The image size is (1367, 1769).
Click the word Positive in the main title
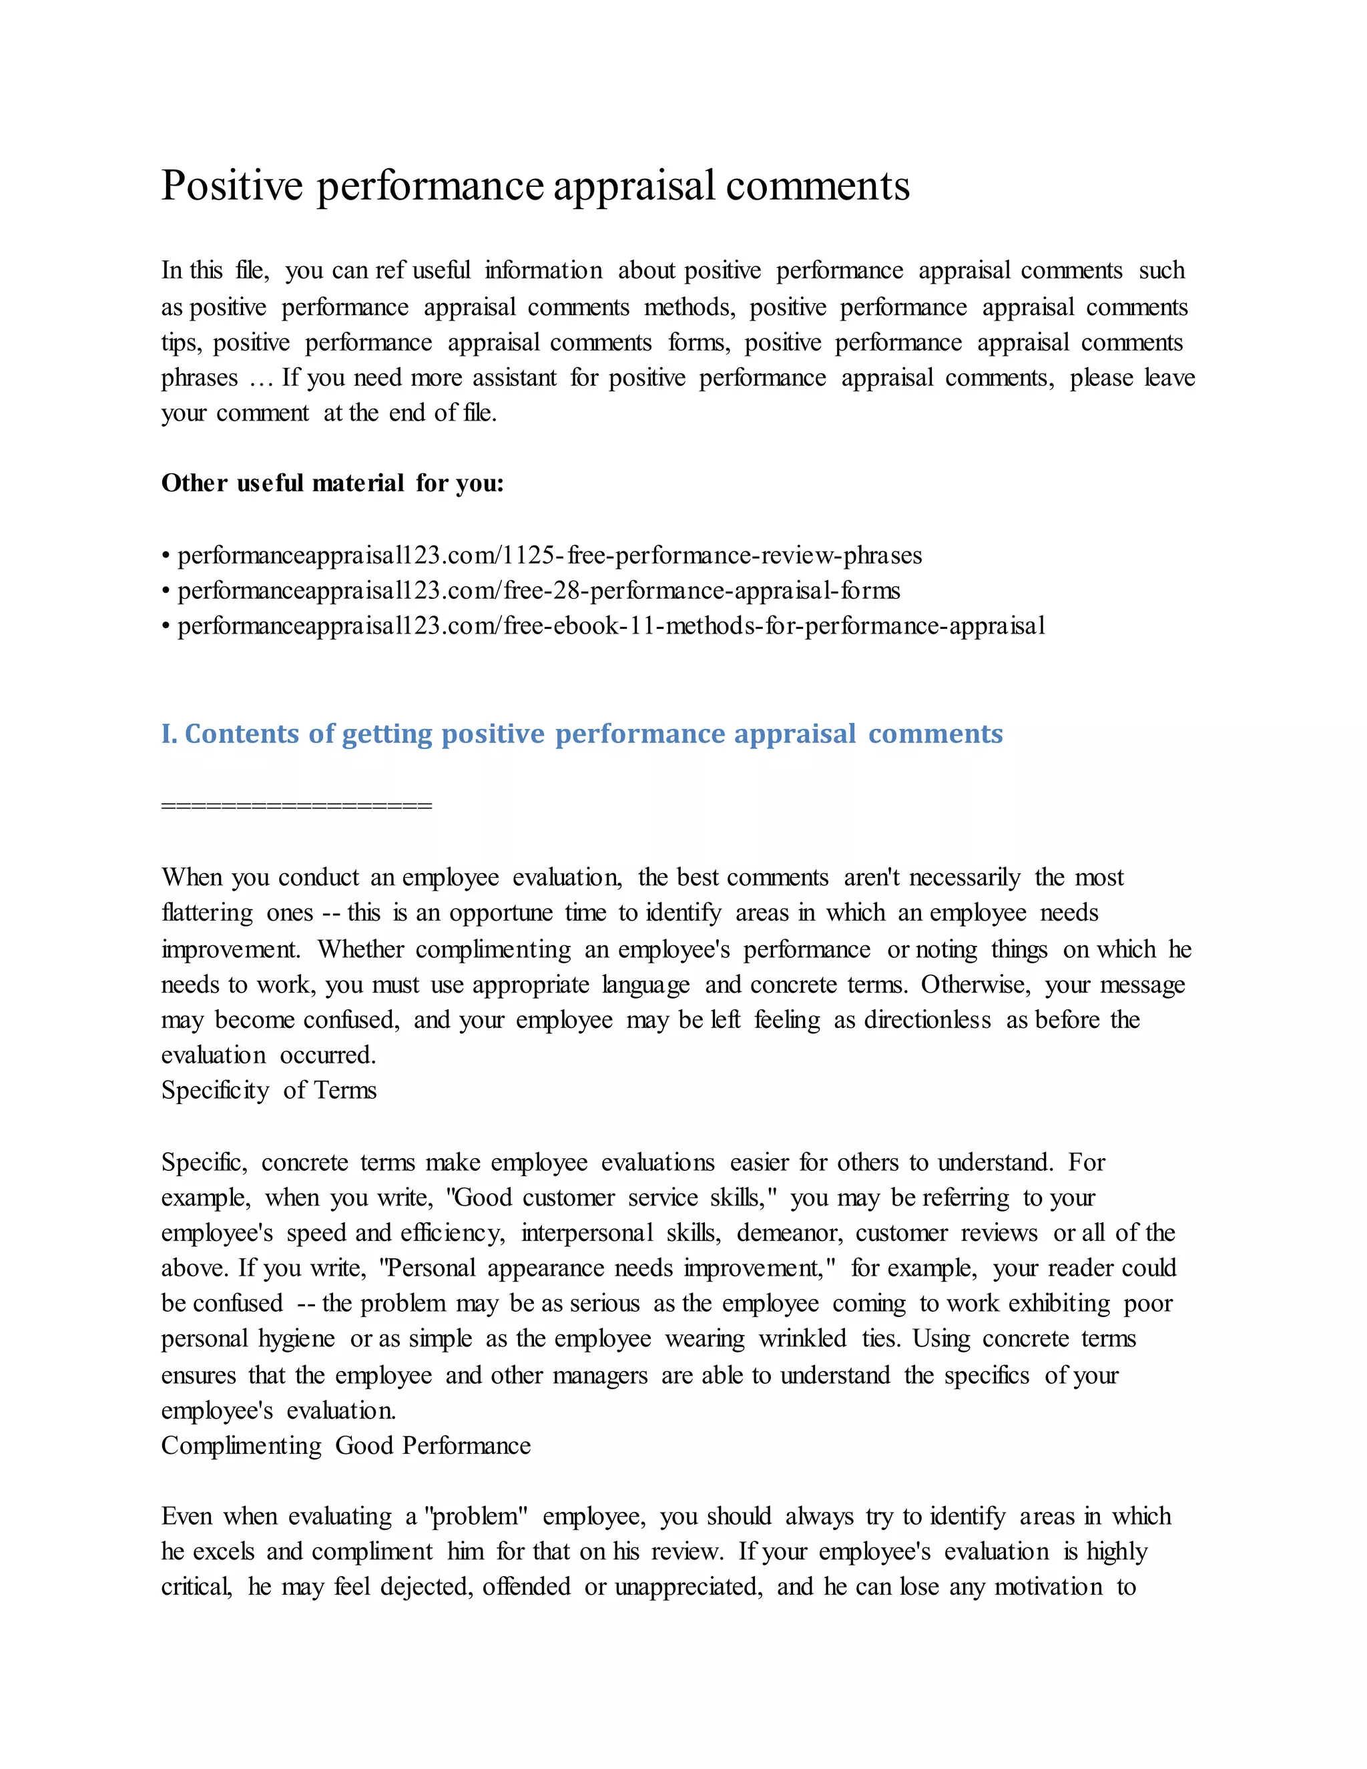tap(232, 186)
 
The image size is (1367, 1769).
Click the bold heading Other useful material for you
tap(332, 483)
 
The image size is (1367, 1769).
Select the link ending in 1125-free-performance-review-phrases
tap(549, 555)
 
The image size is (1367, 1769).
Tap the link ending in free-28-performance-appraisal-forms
tap(539, 591)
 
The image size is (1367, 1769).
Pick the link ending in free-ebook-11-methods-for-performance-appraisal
tap(611, 625)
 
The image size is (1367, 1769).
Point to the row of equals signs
tap(296, 805)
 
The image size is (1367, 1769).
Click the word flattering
tap(208, 913)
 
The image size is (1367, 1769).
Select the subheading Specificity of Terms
tap(269, 1090)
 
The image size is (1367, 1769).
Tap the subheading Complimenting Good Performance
tap(346, 1446)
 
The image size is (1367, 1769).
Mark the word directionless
tap(927, 1020)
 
